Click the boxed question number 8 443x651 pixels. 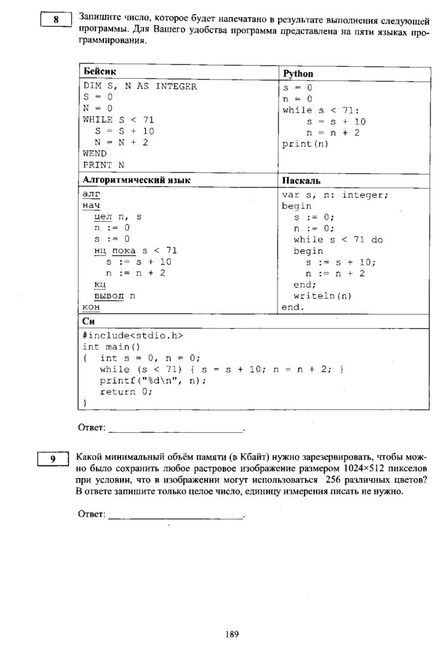[x=56, y=20]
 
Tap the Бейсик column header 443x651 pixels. [x=100, y=71]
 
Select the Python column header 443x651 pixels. [x=298, y=74]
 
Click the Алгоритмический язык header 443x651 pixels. [x=136, y=181]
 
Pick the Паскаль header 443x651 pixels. [x=301, y=181]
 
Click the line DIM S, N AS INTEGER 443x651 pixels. [x=140, y=86]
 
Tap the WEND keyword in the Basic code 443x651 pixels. [x=95, y=153]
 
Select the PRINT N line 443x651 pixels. [x=103, y=165]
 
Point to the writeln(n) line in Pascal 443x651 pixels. [x=322, y=296]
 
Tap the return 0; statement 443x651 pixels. [x=126, y=392]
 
